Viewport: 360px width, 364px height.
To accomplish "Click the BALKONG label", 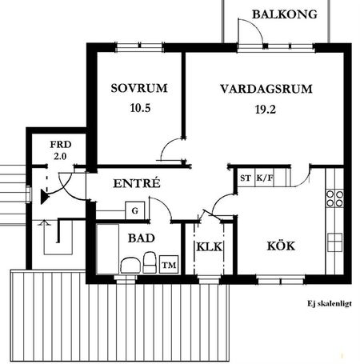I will tap(278, 14).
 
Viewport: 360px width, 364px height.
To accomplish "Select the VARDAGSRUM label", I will tap(266, 88).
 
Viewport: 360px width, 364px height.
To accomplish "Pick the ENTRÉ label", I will tap(137, 183).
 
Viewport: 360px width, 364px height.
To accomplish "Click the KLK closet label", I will tap(209, 246).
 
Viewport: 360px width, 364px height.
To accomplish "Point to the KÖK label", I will tap(281, 246).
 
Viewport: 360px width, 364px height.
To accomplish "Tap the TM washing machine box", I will tap(168, 264).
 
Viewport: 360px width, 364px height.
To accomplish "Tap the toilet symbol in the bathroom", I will tap(129, 264).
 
